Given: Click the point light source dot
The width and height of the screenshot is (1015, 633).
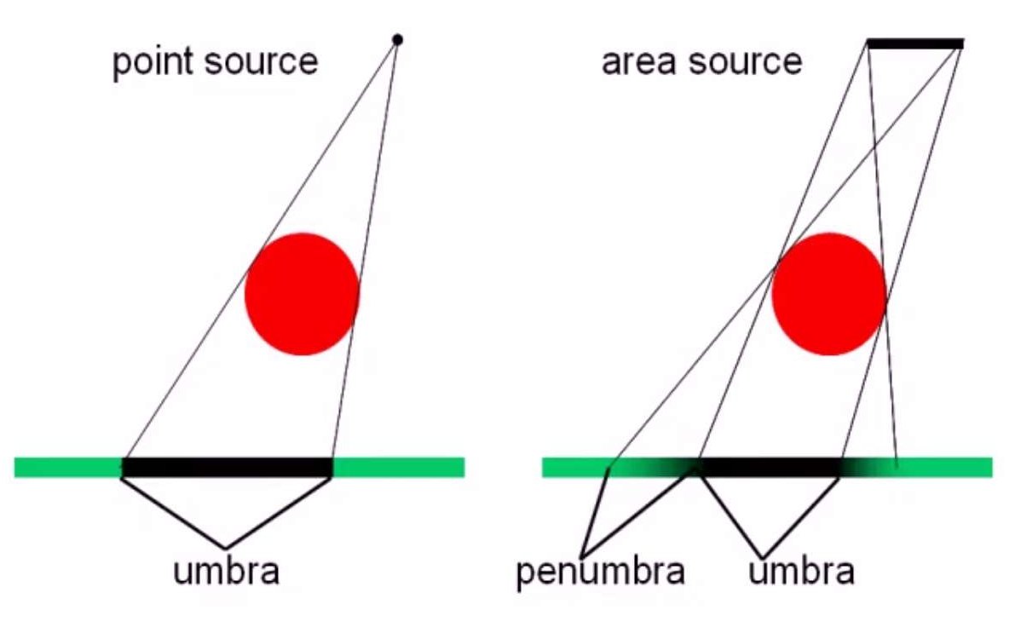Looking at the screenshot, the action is pyautogui.click(x=397, y=40).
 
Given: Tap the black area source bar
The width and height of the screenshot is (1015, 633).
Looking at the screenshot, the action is pyautogui.click(x=915, y=43).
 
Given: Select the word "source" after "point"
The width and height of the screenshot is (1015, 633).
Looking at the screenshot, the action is pyautogui.click(x=263, y=63).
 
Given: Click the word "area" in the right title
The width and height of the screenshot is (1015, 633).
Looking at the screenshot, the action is pyautogui.click(x=640, y=63).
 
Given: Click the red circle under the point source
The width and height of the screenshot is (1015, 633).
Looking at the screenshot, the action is pyautogui.click(x=302, y=294).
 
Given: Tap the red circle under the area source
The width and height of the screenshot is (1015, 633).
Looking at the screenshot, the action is pyautogui.click(x=829, y=294).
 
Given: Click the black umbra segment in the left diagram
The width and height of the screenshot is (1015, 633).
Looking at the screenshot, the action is pyautogui.click(x=228, y=468).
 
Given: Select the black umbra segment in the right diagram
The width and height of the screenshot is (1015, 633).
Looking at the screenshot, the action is pyautogui.click(x=769, y=468).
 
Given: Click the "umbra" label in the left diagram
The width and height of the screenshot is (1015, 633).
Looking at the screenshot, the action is pyautogui.click(x=226, y=571).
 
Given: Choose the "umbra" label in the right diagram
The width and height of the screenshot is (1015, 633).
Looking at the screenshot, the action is pyautogui.click(x=801, y=571).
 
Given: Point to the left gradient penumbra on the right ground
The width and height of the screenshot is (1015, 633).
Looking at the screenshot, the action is pyautogui.click(x=653, y=468).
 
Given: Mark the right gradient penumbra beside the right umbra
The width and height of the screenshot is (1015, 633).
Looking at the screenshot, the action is pyautogui.click(x=869, y=468).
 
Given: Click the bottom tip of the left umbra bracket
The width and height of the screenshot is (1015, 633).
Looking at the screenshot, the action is pyautogui.click(x=225, y=548).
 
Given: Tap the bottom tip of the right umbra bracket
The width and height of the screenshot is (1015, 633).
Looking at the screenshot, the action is pyautogui.click(x=762, y=556).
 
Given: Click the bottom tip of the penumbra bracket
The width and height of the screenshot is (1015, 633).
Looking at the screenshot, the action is pyautogui.click(x=582, y=556).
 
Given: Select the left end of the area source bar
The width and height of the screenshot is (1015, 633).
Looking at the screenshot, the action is pyautogui.click(x=868, y=43).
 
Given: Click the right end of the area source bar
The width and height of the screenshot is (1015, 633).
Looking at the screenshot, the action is pyautogui.click(x=963, y=43).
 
